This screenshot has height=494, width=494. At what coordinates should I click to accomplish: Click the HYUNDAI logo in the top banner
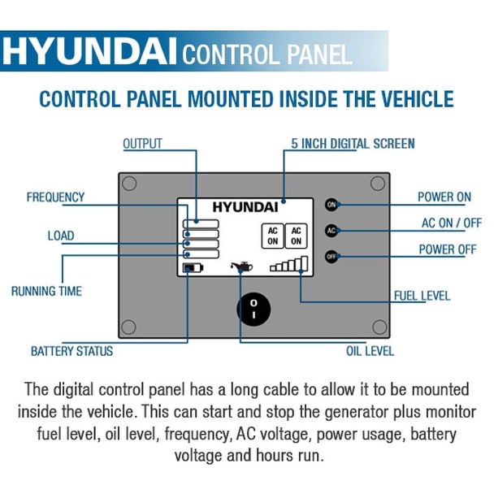(x=89, y=52)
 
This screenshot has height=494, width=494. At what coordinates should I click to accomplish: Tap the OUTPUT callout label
(x=142, y=144)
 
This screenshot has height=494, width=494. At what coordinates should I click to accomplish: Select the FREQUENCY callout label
(x=55, y=197)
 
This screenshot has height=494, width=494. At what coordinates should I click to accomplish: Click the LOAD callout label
(x=60, y=236)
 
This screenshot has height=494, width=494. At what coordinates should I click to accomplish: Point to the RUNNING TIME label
(x=46, y=290)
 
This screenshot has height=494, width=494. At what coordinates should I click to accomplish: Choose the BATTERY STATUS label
(x=71, y=351)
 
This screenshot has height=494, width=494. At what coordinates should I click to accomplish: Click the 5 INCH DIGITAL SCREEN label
(x=353, y=144)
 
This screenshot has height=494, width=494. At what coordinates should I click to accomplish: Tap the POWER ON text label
(x=444, y=197)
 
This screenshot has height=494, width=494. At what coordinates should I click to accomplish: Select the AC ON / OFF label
(x=451, y=223)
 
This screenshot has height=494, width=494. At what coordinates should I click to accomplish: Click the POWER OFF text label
(x=447, y=249)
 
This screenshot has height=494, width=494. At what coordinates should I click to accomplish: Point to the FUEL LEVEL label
(x=422, y=296)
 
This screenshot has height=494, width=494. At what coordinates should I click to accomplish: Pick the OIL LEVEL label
(x=370, y=351)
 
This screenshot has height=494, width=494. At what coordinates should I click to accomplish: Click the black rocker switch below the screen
(x=253, y=309)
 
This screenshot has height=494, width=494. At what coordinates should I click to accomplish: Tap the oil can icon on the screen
(x=242, y=266)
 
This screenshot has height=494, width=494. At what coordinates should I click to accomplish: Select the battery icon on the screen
(x=193, y=268)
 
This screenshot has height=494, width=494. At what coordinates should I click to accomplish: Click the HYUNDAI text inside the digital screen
(x=245, y=206)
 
